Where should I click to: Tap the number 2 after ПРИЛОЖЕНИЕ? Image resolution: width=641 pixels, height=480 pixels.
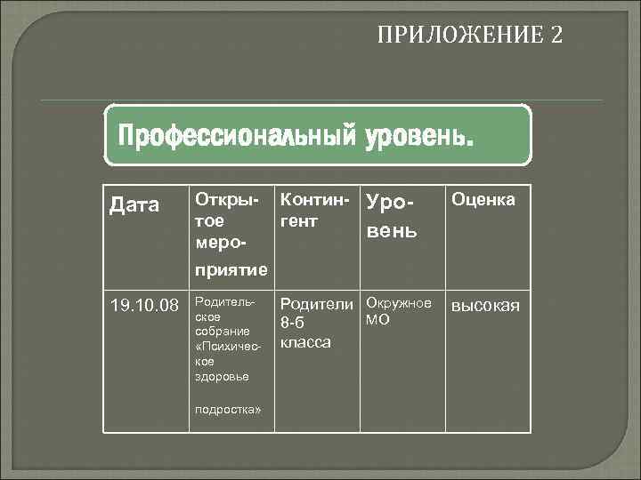tap(556, 36)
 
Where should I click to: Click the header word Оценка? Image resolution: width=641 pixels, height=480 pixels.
tap(483, 200)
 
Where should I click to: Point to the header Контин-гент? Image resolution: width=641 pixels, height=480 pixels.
tap(312, 210)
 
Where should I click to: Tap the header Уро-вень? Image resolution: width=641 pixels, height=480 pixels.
tap(391, 219)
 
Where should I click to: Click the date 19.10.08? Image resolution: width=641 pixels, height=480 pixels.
tap(140, 307)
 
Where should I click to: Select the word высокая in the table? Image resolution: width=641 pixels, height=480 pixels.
tap(486, 307)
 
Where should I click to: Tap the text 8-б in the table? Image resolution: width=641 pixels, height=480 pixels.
tap(293, 323)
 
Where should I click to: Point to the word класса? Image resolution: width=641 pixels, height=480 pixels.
tap(305, 341)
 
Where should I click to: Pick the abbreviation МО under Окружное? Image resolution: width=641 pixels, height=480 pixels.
tap(377, 319)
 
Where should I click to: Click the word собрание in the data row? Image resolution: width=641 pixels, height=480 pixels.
tap(216, 332)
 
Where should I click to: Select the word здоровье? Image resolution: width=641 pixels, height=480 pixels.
tap(217, 377)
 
